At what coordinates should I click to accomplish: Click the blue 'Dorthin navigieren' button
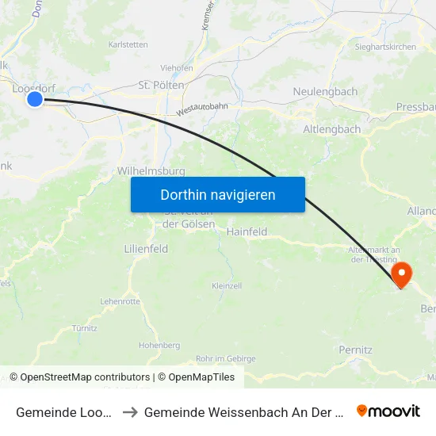pyautogui.click(x=218, y=194)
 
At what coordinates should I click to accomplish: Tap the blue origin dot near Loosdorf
pyautogui.click(x=35, y=99)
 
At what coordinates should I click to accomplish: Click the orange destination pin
pyautogui.click(x=402, y=274)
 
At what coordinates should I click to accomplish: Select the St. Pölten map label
pyautogui.click(x=162, y=85)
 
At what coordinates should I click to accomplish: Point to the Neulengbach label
pyautogui.click(x=325, y=92)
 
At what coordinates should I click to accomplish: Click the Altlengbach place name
pyautogui.click(x=332, y=129)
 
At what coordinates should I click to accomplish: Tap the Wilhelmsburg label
pyautogui.click(x=151, y=170)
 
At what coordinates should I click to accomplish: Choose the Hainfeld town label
pyautogui.click(x=247, y=232)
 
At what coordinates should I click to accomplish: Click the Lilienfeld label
pyautogui.click(x=146, y=249)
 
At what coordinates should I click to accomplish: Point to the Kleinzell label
pyautogui.click(x=227, y=285)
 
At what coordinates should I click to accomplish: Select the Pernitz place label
pyautogui.click(x=355, y=350)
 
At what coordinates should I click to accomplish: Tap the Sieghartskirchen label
pyautogui.click(x=386, y=48)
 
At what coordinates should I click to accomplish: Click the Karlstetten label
pyautogui.click(x=128, y=45)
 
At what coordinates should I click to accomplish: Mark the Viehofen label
pyautogui.click(x=177, y=68)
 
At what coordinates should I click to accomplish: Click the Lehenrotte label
pyautogui.click(x=120, y=301)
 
